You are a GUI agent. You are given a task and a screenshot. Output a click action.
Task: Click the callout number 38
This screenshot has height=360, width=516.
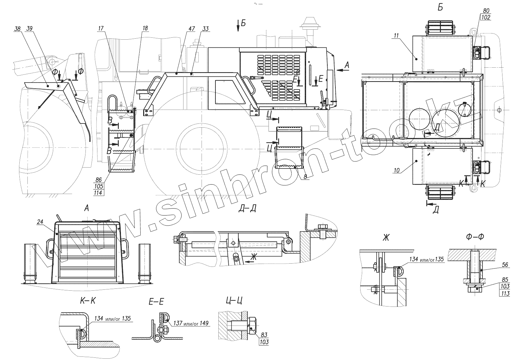[x=17, y=29]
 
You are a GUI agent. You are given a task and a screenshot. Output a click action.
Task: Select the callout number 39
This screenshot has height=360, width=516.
[x=29, y=29]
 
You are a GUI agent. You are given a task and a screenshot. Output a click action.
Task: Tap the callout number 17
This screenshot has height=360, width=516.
[x=101, y=29]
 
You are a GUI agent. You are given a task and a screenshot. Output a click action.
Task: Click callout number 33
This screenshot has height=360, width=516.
[x=205, y=29]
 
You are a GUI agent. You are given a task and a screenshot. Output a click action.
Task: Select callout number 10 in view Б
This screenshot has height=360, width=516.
[x=397, y=170]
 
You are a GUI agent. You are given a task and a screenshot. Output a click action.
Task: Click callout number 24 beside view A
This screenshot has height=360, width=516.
[x=40, y=222]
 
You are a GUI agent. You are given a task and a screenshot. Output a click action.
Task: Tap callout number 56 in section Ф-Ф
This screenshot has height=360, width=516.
[x=505, y=265]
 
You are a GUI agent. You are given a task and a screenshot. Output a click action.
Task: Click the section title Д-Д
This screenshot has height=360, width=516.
[x=247, y=208]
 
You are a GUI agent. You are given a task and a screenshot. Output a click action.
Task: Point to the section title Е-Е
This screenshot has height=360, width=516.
[x=156, y=302]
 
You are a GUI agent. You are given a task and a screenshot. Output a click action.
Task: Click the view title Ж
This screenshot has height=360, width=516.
[x=386, y=238]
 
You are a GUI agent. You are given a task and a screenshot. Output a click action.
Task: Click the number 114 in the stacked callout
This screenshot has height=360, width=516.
[x=98, y=193]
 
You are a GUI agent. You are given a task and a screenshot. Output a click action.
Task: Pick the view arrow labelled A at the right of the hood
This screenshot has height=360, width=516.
[x=346, y=65]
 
